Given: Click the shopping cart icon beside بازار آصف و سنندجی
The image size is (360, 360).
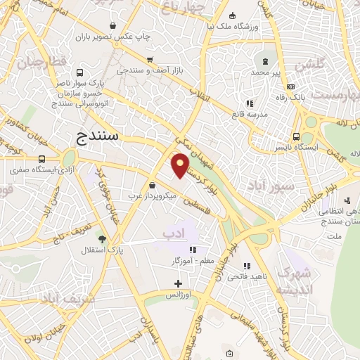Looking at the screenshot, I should [149, 60].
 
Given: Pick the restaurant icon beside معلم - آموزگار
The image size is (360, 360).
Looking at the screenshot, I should [193, 249].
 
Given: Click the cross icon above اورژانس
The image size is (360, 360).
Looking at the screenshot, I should [179, 283].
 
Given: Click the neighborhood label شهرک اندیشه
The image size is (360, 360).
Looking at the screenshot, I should [292, 281].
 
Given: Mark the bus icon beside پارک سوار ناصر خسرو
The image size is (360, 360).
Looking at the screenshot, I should [79, 72].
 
